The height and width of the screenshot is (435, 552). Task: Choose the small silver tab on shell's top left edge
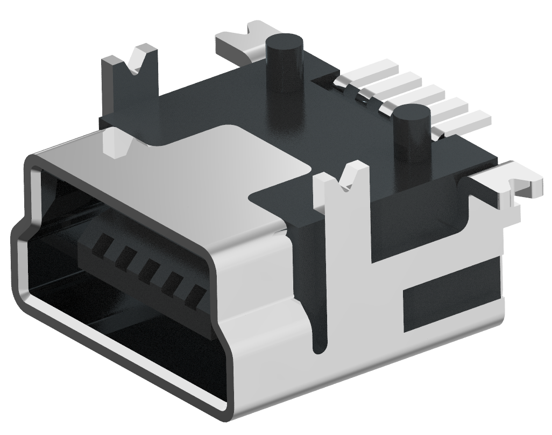pyautogui.click(x=116, y=143)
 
